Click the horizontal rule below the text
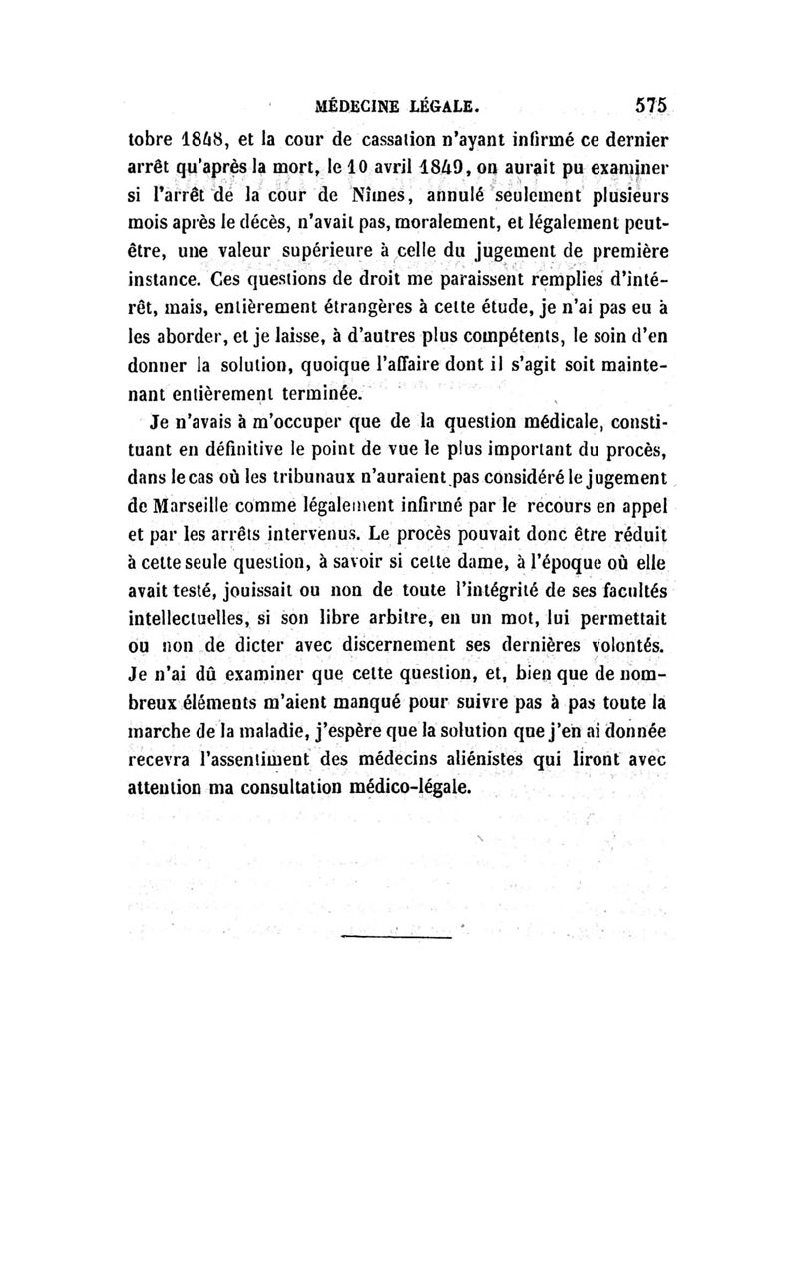pyautogui.click(x=395, y=937)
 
